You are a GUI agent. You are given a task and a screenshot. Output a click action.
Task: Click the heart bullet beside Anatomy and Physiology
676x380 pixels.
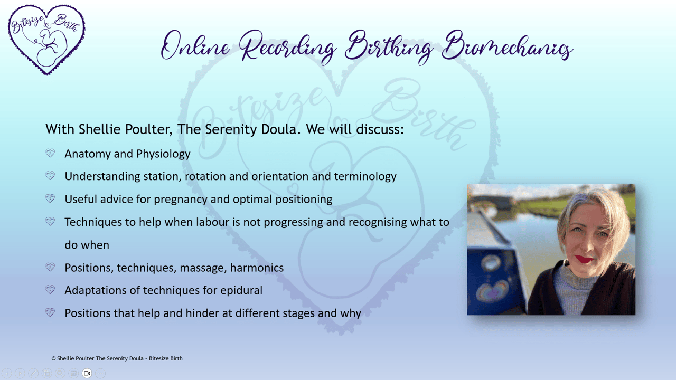pyautogui.click(x=50, y=153)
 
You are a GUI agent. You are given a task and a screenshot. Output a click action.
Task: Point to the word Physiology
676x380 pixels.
pyautogui.click(x=163, y=154)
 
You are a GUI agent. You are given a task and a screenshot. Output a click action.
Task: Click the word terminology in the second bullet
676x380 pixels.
pyautogui.click(x=365, y=177)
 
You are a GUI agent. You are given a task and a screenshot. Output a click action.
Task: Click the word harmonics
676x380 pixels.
pyautogui.click(x=257, y=268)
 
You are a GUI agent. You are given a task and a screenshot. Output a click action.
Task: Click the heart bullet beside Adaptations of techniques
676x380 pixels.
pyautogui.click(x=50, y=290)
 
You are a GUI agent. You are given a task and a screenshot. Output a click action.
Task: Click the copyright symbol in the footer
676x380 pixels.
pyautogui.click(x=53, y=358)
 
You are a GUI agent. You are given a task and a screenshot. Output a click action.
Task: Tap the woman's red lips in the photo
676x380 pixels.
pyautogui.click(x=584, y=259)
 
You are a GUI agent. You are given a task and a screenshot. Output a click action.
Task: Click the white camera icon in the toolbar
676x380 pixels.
pyautogui.click(x=87, y=373)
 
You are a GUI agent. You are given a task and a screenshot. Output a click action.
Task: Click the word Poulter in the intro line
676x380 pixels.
pyautogui.click(x=148, y=129)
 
